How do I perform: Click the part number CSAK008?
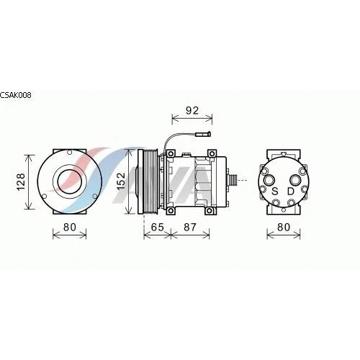pos(16,95)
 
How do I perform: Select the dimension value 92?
pos(192,110)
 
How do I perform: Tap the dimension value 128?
pos(21,181)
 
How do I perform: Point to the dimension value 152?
pos(122,181)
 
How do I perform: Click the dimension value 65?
pos(157,227)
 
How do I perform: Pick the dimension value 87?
pos(190,227)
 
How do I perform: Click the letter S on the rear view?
pos(275,192)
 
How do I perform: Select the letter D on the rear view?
pos(291,192)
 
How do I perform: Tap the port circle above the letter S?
pos(269,180)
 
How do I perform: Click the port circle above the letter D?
pos(295,180)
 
